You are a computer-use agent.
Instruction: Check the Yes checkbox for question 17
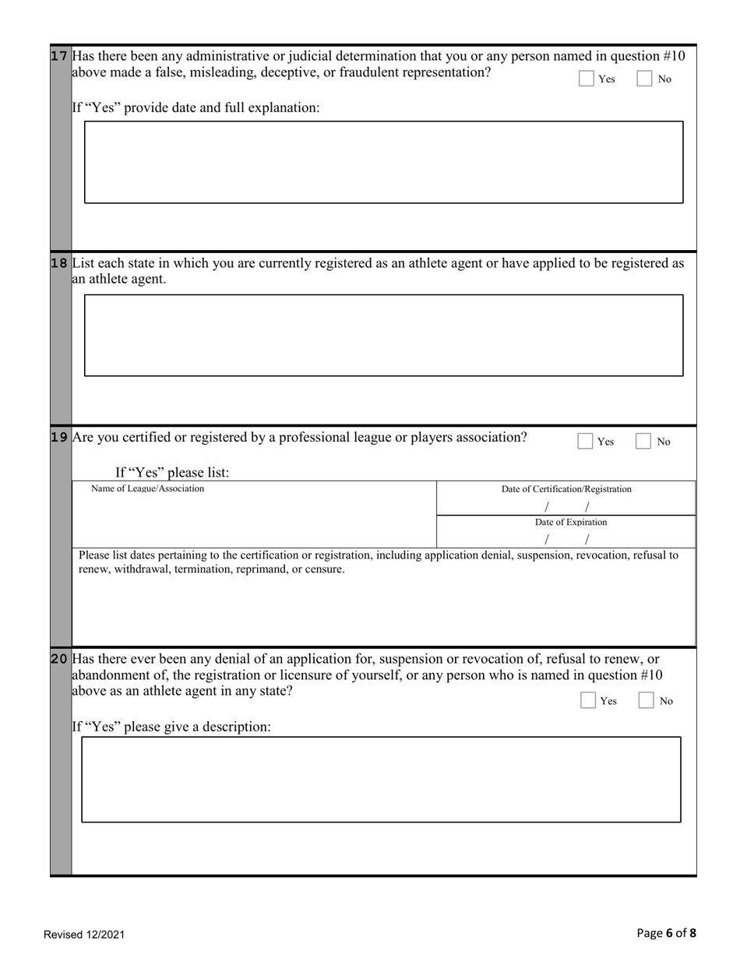(587, 79)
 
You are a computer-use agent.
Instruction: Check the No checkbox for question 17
(645, 79)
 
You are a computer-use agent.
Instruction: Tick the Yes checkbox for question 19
(585, 442)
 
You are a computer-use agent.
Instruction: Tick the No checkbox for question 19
(643, 442)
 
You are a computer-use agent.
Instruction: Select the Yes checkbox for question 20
(588, 701)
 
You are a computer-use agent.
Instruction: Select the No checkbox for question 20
(646, 701)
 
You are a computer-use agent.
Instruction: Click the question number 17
(60, 56)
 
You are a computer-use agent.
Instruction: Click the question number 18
(60, 263)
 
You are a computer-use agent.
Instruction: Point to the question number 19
(60, 437)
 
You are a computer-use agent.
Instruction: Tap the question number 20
(60, 659)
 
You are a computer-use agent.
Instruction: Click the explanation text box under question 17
(383, 162)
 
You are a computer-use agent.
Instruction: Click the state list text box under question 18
(383, 335)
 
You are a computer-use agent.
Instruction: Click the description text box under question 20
(381, 779)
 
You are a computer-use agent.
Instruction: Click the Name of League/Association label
(147, 488)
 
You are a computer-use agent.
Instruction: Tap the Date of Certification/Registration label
(566, 489)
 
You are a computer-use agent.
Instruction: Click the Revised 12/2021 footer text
(84, 935)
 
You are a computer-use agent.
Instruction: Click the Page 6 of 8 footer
(666, 933)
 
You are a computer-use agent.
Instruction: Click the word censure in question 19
(325, 569)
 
